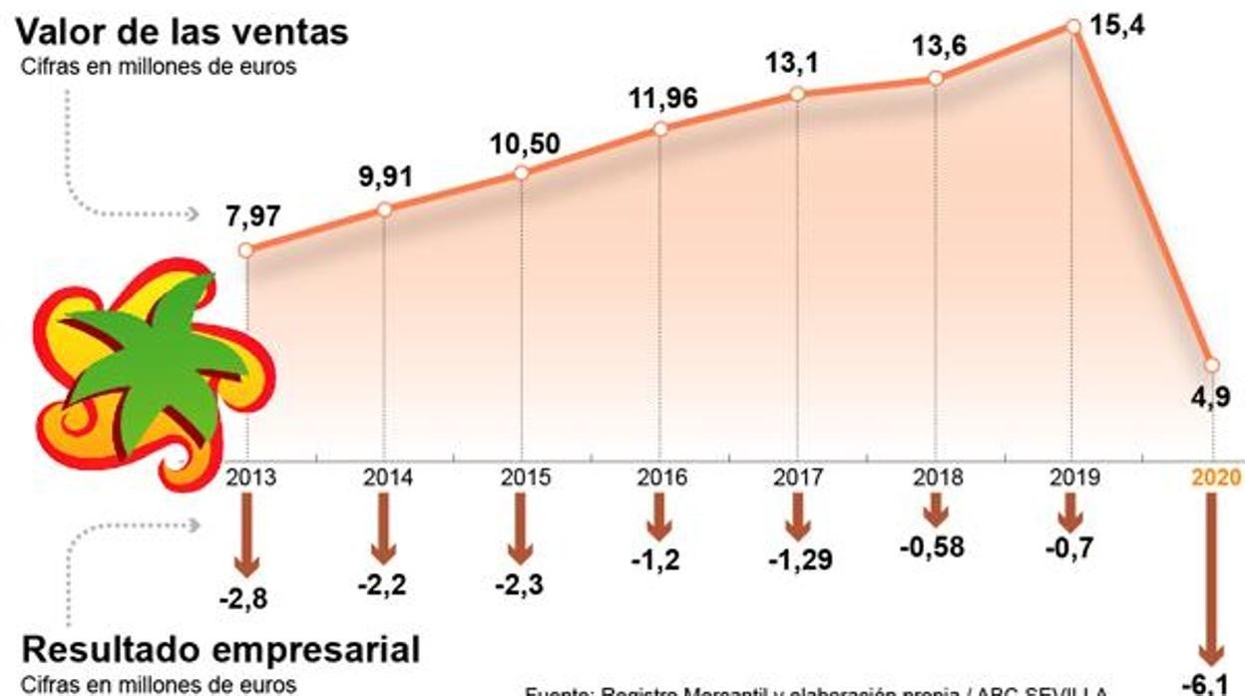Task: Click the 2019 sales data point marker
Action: [x=1073, y=27]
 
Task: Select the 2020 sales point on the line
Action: [x=1212, y=364]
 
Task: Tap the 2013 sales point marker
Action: [x=246, y=249]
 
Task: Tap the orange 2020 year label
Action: [x=1216, y=477]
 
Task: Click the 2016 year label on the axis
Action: [x=661, y=477]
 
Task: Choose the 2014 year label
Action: [x=386, y=477]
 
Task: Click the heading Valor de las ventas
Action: [x=182, y=31]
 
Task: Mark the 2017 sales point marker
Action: [x=797, y=94]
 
